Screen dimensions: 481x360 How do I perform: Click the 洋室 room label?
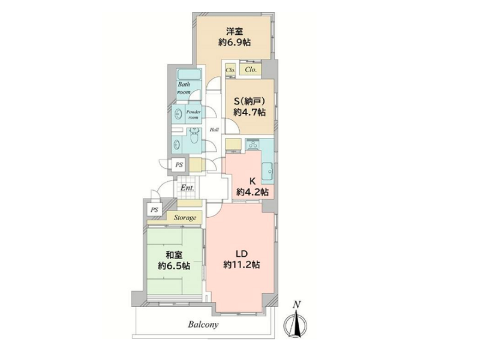[235, 31]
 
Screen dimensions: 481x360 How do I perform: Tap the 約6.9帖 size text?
[235, 43]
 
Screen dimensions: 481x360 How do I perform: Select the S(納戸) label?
[249, 101]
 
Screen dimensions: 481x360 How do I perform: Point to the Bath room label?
[184, 88]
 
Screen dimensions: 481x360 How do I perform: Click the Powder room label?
[193, 115]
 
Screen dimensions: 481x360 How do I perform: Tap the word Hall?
[214, 130]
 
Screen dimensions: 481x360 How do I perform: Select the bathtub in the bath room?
[189, 74]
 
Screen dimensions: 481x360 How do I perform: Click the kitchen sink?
[267, 172]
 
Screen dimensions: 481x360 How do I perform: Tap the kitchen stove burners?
[253, 144]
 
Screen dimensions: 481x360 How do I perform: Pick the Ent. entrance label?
[187, 188]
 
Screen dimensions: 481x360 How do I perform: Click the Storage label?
[185, 218]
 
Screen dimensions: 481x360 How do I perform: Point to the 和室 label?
[174, 255]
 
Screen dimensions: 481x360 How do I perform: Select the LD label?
[242, 254]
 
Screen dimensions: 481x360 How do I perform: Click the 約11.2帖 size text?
[242, 265]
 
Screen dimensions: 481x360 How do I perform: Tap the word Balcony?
[203, 325]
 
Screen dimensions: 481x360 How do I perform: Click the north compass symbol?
[296, 322]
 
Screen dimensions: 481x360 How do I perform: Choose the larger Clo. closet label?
[251, 70]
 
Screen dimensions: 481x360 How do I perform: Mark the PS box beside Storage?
[154, 210]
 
